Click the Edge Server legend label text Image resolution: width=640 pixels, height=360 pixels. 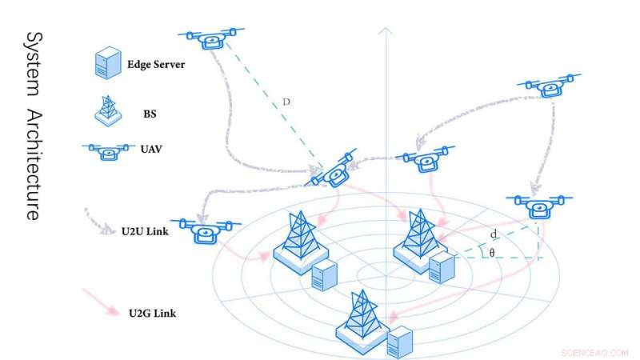[x=156, y=65]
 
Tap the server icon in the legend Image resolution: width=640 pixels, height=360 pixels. [x=108, y=62]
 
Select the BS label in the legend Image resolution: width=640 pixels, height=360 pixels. [x=150, y=114]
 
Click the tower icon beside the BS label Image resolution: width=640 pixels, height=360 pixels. [x=108, y=110]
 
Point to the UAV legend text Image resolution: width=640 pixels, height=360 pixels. [x=151, y=149]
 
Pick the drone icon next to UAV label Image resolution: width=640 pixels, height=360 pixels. [x=109, y=151]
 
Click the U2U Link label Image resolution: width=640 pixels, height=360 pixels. [x=145, y=231]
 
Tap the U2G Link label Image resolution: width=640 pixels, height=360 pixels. [x=152, y=314]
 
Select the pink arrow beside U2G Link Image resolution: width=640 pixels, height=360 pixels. [x=102, y=302]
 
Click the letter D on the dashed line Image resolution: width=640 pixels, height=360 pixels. [x=286, y=102]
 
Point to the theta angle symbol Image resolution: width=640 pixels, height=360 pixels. [x=492, y=253]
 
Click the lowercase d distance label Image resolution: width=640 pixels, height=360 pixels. [x=494, y=234]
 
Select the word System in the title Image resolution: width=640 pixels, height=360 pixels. [x=34, y=64]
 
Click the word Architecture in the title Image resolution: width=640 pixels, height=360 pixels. [x=34, y=165]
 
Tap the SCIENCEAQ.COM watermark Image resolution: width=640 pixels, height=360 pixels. [x=594, y=353]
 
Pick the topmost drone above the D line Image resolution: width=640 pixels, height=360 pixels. [x=211, y=38]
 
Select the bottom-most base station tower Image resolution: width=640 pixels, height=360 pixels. [x=362, y=322]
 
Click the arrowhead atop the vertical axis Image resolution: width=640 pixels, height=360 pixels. [x=386, y=30]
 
